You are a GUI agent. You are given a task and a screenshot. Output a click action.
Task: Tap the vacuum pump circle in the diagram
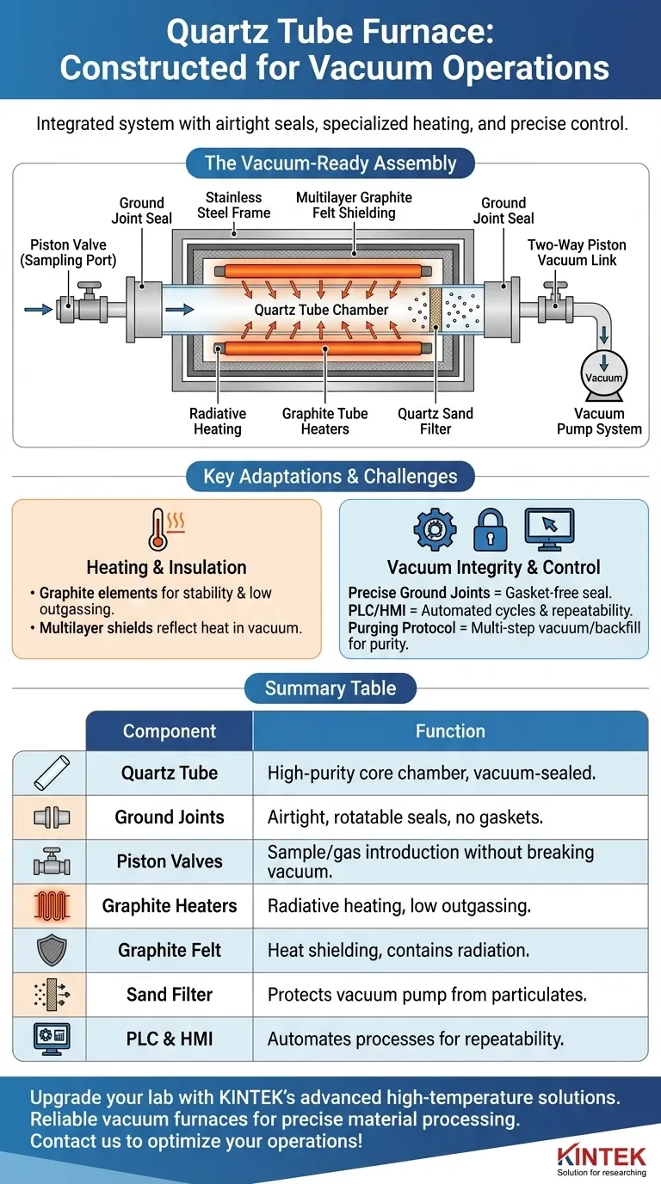pyautogui.click(x=603, y=375)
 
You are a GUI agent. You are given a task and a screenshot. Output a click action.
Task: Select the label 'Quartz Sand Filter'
pyautogui.click(x=436, y=421)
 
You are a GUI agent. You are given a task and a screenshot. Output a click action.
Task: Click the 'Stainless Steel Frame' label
pyautogui.click(x=233, y=205)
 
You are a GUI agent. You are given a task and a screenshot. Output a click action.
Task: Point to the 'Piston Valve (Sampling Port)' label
pyautogui.click(x=68, y=253)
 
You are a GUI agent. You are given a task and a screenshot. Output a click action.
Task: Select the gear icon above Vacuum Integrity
pyautogui.click(x=436, y=528)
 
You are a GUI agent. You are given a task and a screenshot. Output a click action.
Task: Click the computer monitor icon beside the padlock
pyautogui.click(x=548, y=528)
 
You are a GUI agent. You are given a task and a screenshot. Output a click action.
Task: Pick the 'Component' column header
pyautogui.click(x=170, y=731)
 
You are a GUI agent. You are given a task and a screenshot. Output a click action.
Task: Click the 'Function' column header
pyautogui.click(x=450, y=731)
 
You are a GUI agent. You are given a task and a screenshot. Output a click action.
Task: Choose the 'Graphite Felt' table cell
pyautogui.click(x=170, y=950)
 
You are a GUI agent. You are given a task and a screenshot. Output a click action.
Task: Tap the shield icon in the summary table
pyautogui.click(x=50, y=950)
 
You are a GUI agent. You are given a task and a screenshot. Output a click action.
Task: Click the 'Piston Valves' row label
pyautogui.click(x=170, y=861)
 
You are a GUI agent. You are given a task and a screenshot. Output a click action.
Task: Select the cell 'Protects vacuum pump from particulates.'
pyautogui.click(x=427, y=995)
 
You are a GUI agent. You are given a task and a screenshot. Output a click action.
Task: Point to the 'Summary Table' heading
pyautogui.click(x=330, y=688)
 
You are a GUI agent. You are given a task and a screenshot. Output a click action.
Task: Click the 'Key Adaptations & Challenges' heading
pyautogui.click(x=330, y=476)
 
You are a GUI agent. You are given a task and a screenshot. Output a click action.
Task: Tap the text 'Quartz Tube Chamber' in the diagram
pyautogui.click(x=321, y=310)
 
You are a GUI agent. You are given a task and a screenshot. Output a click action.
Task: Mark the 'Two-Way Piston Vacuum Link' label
pyautogui.click(x=576, y=252)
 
